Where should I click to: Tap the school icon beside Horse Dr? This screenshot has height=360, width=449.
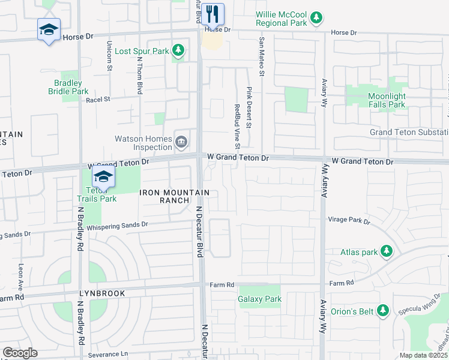[49, 29]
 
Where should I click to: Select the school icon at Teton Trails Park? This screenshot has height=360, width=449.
[103, 177]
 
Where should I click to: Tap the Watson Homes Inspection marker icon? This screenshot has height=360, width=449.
[181, 142]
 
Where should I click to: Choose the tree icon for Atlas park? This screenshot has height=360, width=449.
[387, 252]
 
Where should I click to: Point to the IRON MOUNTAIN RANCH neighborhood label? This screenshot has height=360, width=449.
[175, 196]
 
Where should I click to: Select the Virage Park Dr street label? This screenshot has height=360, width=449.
[349, 220]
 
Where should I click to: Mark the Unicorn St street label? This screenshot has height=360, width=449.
[110, 55]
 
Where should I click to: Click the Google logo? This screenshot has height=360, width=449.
[19, 353]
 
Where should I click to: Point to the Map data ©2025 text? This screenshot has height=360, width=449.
[423, 355]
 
